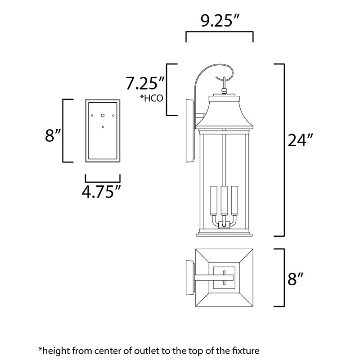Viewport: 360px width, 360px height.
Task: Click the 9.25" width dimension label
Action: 220,21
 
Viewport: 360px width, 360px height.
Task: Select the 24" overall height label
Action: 301,140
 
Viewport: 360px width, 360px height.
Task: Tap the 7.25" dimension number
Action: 145,83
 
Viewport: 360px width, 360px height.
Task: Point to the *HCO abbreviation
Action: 152,98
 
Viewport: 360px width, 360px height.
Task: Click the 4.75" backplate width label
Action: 101,192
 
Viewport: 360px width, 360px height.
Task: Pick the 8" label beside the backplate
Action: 53,135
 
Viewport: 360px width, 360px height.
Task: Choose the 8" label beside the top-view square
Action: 296,279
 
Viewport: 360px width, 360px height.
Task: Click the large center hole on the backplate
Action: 103,116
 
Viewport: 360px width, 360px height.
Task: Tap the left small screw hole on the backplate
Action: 92,116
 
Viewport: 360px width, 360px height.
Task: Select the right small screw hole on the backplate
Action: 113,116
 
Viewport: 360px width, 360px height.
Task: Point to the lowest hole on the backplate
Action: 103,127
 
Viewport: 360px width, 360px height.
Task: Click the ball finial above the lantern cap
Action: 224,91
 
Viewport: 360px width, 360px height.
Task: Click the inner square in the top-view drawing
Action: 224,278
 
